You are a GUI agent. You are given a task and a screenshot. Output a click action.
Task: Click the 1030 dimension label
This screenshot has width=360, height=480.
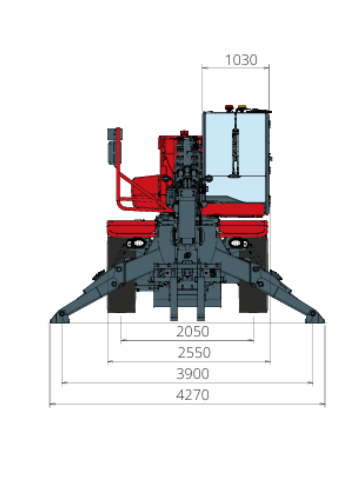241,60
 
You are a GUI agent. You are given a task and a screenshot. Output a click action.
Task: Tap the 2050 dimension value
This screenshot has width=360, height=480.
193,331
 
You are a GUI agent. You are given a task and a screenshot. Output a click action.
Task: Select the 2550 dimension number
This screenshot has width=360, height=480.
194,352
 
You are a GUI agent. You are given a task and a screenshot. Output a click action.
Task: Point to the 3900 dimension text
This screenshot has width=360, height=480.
193,374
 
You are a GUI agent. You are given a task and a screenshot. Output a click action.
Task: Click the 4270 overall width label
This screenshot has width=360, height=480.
193,395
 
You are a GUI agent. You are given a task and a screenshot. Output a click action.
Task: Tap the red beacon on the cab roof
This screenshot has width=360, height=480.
229,108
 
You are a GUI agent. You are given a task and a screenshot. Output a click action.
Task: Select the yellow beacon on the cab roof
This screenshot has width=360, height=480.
242,107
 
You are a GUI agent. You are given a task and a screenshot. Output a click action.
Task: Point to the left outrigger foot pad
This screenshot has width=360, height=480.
60,317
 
